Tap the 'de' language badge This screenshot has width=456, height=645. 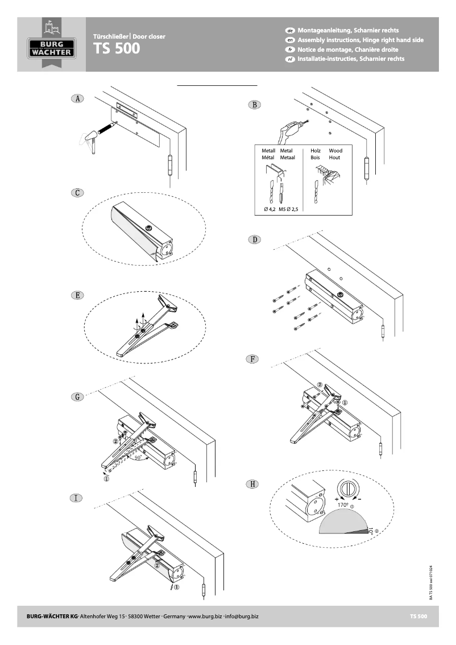[x=289, y=30]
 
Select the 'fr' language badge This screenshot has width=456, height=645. [x=289, y=49]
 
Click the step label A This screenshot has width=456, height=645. [x=77, y=98]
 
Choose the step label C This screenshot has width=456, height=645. [x=77, y=192]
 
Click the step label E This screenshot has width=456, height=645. [x=77, y=295]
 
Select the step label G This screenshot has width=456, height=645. [x=77, y=396]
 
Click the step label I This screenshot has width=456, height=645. [x=77, y=498]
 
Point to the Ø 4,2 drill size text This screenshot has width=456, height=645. [x=270, y=209]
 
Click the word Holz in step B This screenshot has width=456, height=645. [x=316, y=151]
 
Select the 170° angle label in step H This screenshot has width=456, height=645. [x=343, y=505]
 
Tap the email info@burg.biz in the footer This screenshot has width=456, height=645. [x=243, y=616]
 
